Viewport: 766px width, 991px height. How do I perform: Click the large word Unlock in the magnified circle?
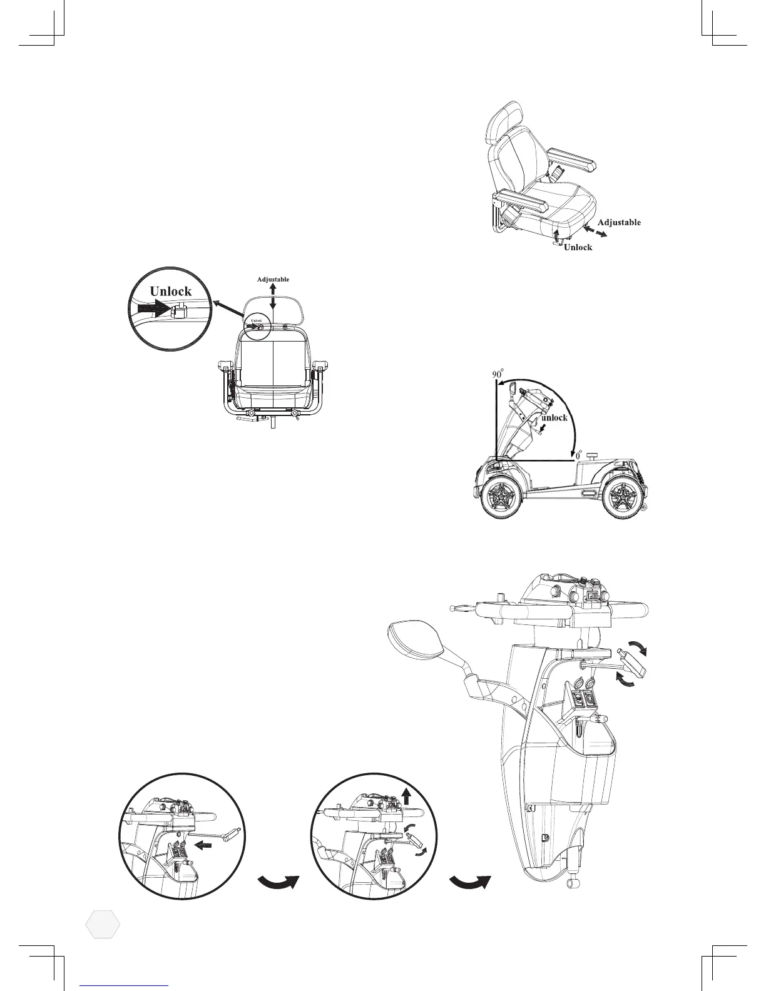[x=170, y=292]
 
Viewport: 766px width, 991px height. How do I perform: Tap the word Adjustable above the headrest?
[x=273, y=279]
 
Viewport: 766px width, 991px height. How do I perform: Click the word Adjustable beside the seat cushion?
[x=618, y=222]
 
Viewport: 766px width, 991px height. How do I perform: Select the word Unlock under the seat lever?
[x=578, y=247]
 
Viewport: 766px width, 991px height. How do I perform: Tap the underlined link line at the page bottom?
[x=125, y=984]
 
